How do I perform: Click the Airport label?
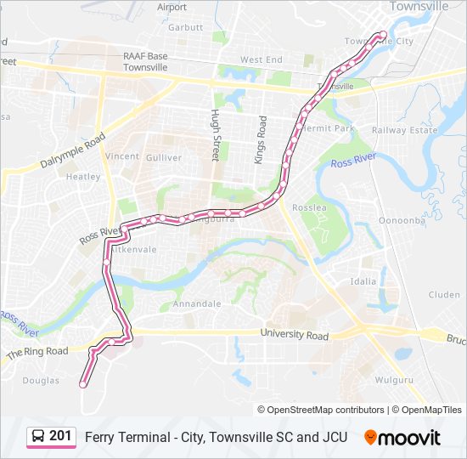[x=172, y=7]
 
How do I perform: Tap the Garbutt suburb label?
[x=185, y=27]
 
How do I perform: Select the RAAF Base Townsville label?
[x=145, y=61]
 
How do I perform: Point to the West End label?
[x=261, y=60]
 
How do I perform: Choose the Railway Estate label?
[x=404, y=130]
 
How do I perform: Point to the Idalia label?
[x=363, y=280]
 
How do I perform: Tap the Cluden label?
[x=444, y=295]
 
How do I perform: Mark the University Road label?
[x=294, y=336]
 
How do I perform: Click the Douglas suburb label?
[x=41, y=381]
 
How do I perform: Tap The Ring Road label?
[x=37, y=351]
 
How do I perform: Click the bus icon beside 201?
[x=37, y=437]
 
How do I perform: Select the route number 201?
[x=60, y=436]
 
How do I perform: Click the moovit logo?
[x=402, y=437]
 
